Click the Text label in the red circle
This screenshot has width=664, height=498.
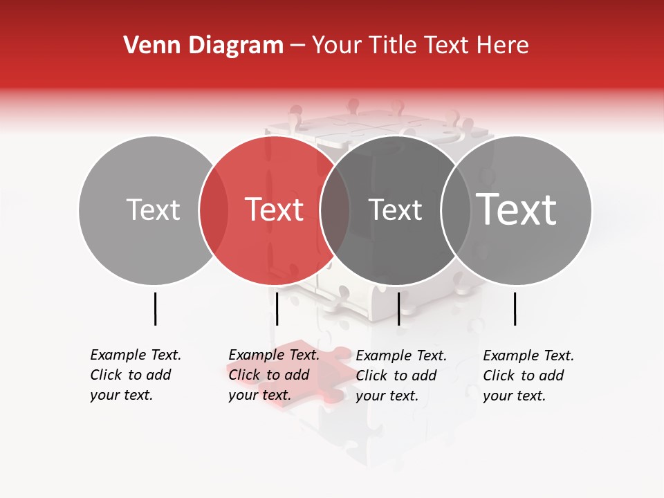coord(275,210)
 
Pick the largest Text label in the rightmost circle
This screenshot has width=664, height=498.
coord(517,210)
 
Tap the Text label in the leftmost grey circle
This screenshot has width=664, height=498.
coord(153,210)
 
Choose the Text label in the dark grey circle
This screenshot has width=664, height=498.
coord(395,210)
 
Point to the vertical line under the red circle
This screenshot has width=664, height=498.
coord(277,308)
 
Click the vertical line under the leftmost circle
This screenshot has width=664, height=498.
coord(155,308)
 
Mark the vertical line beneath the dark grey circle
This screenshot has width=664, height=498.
coord(398,308)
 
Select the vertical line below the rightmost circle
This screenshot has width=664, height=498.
coord(515,308)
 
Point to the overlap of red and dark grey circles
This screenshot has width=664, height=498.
coord(335,210)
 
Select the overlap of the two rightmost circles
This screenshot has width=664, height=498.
coord(455,210)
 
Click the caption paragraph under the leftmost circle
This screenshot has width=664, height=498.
coord(135,375)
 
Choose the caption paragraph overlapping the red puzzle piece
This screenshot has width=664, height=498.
coord(273,375)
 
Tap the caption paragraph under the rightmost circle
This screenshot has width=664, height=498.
coord(528,376)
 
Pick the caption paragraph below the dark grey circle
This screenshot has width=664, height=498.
coord(400,376)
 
